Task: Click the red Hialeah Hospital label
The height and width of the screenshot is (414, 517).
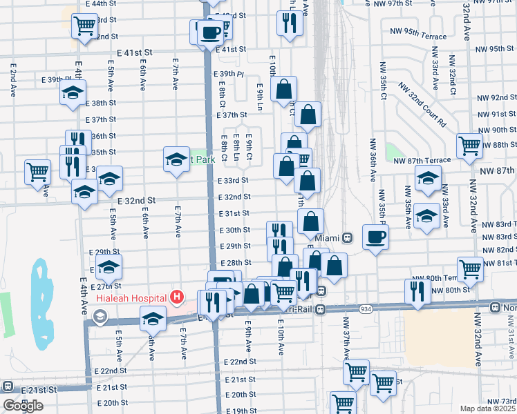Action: click(132, 297)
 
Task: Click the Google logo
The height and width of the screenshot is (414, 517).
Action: click(23, 406)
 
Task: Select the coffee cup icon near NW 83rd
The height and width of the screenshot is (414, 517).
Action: click(375, 237)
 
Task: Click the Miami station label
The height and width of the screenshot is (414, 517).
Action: click(328, 238)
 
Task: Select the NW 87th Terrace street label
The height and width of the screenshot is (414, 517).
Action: click(422, 160)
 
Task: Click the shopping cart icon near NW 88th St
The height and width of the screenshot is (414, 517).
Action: click(469, 146)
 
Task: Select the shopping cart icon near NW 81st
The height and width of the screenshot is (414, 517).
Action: click(470, 268)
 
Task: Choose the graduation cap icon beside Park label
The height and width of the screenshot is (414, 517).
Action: click(176, 159)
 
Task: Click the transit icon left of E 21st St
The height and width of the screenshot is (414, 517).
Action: click(8, 386)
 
